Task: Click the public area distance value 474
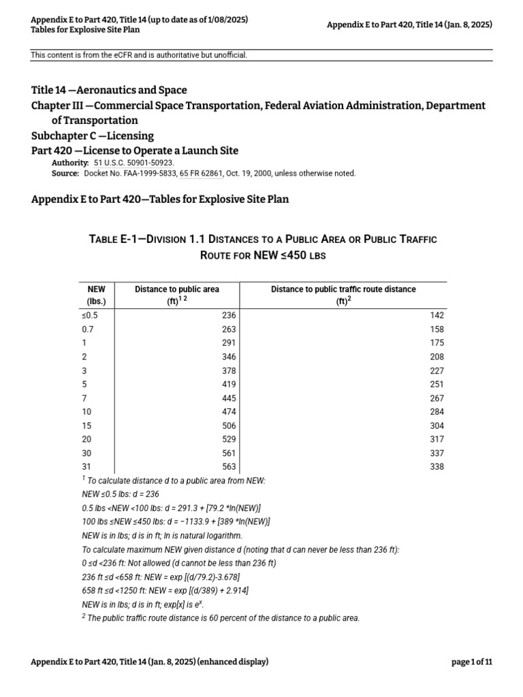pos(228,411)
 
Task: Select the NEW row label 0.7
pos(89,329)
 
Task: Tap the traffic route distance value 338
pos(437,466)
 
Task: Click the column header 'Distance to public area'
pos(176,289)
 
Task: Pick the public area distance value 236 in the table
pos(228,315)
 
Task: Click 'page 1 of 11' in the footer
pos(471,662)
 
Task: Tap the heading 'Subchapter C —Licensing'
pos(93,135)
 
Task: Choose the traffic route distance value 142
pos(437,315)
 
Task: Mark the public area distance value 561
pos(228,453)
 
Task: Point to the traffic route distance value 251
pos(437,384)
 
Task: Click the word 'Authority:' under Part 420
pos(70,163)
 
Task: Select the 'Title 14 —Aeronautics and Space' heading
pos(109,90)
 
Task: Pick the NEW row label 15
pos(86,425)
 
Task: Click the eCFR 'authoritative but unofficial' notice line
pos(138,54)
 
